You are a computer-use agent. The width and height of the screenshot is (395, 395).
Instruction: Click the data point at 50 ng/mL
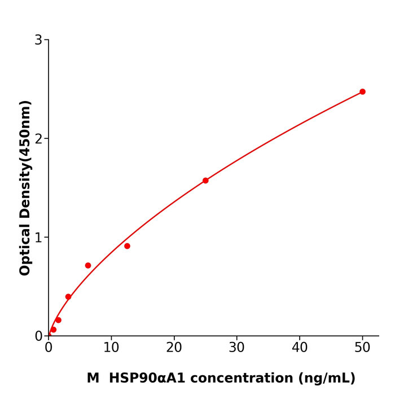pos(362,91)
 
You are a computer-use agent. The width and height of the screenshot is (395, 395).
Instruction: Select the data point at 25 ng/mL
pos(205,181)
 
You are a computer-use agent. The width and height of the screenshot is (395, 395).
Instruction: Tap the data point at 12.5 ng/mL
pos(127,246)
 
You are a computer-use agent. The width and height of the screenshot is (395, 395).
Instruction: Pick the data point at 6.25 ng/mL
pos(88,265)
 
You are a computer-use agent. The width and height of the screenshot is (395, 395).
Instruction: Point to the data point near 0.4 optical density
pos(68,297)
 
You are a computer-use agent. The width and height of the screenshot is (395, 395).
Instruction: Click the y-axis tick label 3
pos(38,40)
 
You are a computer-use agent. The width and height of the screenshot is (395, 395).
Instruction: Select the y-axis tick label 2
pos(38,139)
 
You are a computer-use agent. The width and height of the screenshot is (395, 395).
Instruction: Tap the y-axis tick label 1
pos(38,238)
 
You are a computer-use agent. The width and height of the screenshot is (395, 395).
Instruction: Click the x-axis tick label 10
pos(111,348)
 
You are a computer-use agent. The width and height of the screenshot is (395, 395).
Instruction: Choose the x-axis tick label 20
pos(174,348)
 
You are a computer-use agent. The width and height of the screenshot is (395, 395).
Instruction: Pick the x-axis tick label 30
pos(237,348)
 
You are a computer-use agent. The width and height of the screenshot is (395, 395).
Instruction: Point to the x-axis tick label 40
pos(300,348)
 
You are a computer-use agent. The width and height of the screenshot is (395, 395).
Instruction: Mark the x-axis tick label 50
pos(362,348)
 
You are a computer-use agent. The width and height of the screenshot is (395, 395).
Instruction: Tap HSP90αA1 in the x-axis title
pos(147,379)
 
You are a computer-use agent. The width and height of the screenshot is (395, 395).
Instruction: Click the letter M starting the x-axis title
pos(93,379)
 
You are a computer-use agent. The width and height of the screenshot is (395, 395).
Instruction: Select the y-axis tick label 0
pos(38,336)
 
